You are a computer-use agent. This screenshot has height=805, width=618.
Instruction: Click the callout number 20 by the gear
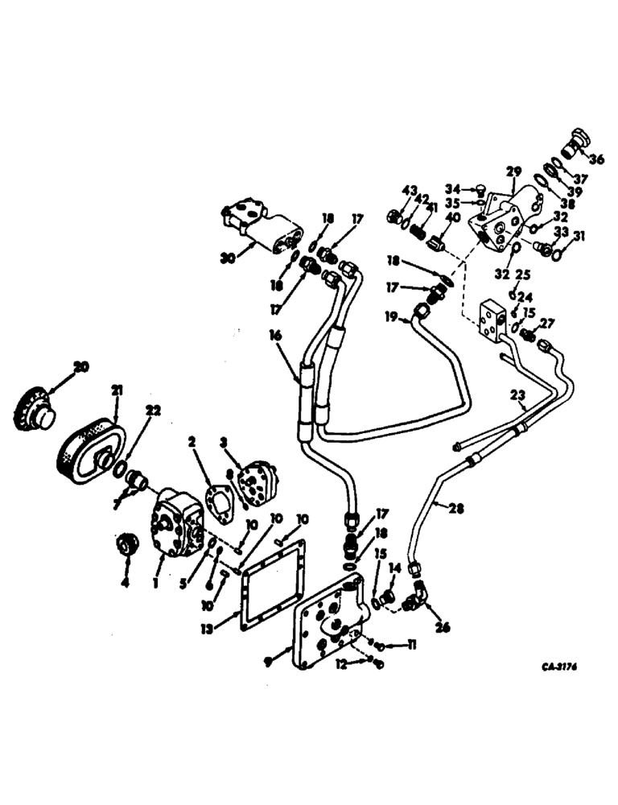point(80,366)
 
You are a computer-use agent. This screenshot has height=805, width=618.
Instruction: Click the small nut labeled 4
point(126,547)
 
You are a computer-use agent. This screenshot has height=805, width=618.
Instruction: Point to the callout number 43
point(410,190)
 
